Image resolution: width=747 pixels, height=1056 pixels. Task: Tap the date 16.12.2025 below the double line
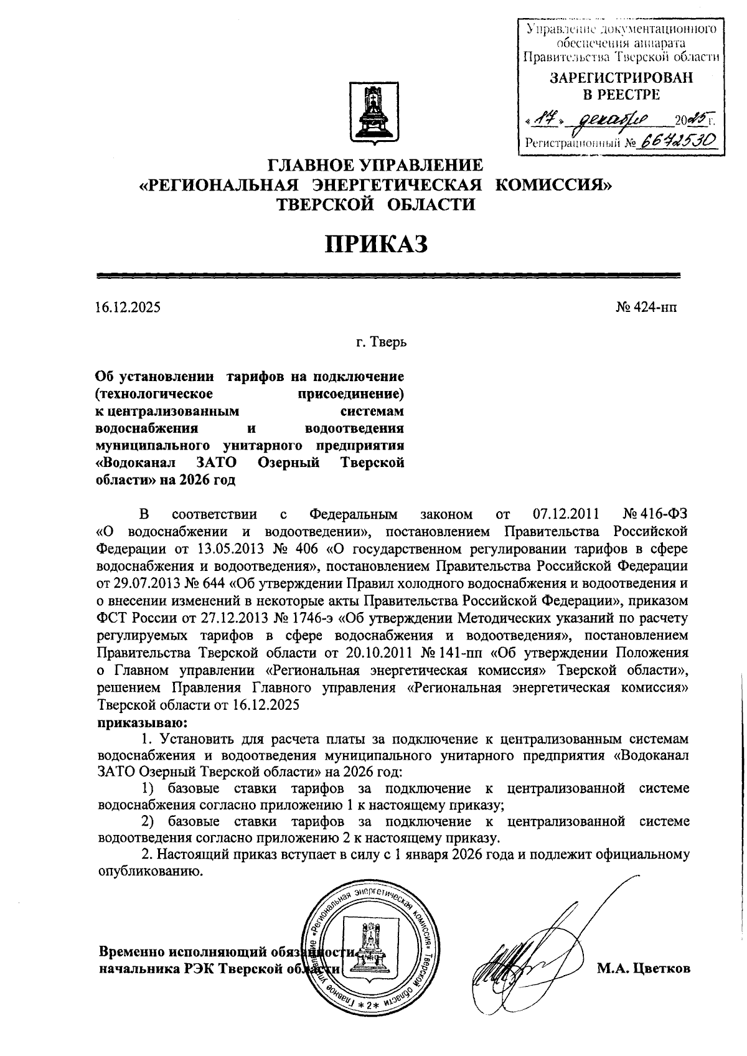tap(128, 307)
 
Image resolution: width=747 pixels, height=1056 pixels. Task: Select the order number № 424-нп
tap(647, 307)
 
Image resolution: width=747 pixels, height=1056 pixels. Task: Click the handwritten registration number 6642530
tap(677, 141)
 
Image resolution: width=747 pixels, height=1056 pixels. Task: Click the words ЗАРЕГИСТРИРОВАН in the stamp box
tap(621, 78)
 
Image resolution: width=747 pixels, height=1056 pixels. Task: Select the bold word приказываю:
tap(142, 723)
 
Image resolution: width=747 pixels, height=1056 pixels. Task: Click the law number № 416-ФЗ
tap(655, 514)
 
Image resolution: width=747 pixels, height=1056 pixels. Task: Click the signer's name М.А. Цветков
tap(644, 969)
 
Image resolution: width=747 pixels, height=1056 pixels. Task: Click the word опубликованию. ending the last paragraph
tap(151, 871)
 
